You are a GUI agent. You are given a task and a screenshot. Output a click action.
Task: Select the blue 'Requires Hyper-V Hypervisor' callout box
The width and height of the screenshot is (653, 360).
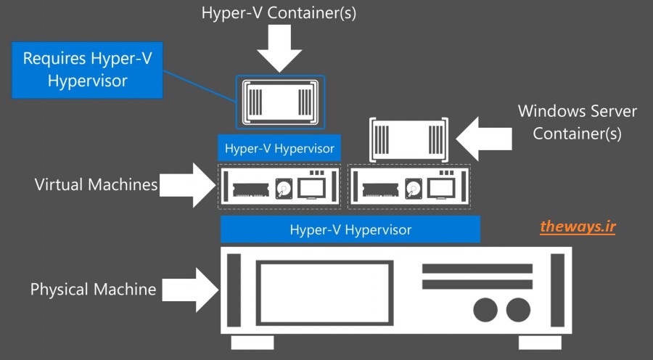[87, 70]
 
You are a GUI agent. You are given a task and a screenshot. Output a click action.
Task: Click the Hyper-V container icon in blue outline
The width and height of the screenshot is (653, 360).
[281, 100]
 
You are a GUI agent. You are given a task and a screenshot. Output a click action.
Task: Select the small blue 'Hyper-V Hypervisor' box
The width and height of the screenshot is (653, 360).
[279, 149]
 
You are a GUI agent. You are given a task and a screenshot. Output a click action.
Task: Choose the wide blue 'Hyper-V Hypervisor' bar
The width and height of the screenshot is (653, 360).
[350, 230]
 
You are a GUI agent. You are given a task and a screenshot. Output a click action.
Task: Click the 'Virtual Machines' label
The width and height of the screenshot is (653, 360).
[96, 184]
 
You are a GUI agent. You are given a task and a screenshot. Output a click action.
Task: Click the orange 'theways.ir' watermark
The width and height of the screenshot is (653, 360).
[578, 227]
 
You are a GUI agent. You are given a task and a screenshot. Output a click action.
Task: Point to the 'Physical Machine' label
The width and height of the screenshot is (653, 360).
[93, 290]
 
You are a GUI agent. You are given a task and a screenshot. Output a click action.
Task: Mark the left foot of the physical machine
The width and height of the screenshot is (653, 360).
[252, 342]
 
